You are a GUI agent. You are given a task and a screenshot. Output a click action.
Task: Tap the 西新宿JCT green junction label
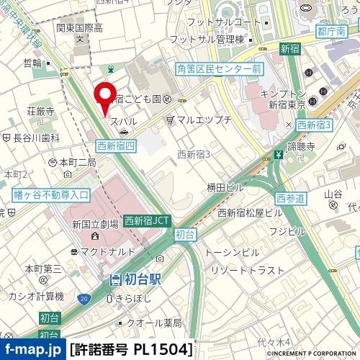point(148,221)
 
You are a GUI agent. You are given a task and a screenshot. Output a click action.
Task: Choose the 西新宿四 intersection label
point(116,145)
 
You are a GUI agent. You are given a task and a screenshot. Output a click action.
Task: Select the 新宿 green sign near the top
point(289,49)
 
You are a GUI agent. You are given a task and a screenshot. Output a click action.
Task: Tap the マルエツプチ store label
point(203,119)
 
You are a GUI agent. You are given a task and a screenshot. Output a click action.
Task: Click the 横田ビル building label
point(225,187)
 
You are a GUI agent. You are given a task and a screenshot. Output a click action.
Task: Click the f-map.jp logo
point(32,350)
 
